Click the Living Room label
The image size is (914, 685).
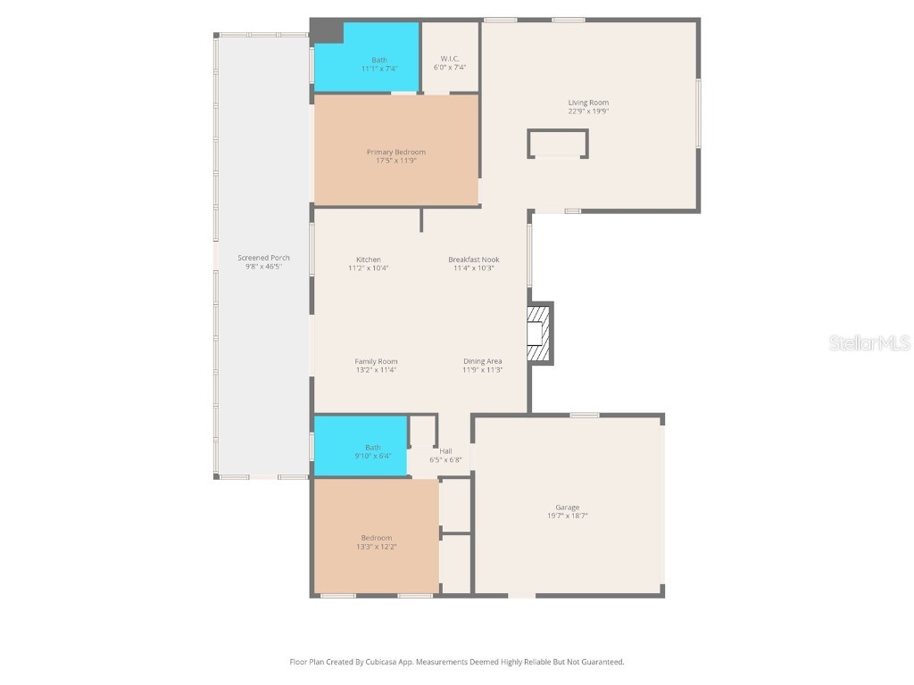[x=588, y=103]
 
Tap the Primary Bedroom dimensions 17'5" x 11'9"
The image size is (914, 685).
[x=395, y=161]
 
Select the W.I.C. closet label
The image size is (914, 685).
[x=449, y=59]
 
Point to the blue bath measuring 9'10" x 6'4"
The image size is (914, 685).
[x=360, y=446]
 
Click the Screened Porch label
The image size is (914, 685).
[x=263, y=258]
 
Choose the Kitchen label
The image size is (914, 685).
[x=368, y=260]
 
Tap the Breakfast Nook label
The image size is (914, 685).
[x=472, y=260]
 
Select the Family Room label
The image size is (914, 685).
[x=376, y=361]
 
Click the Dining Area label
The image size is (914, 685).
[x=482, y=361]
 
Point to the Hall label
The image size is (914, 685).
[x=445, y=450]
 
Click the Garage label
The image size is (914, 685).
[x=567, y=508]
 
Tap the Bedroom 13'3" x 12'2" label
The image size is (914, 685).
[x=376, y=538]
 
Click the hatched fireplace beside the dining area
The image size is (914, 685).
[x=538, y=334]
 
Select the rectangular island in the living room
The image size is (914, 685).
[x=557, y=144]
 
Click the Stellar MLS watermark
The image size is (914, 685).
[x=868, y=342]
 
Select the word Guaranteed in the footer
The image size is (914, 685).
[x=600, y=662]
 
